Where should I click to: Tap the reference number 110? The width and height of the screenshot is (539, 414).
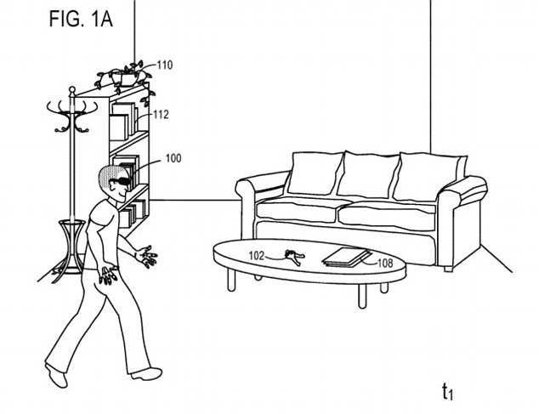165,64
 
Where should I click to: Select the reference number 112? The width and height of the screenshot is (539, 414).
162,114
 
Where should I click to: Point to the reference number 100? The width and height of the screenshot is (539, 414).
173,158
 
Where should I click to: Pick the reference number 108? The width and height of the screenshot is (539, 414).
385,264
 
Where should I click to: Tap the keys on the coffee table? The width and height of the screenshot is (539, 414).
292,255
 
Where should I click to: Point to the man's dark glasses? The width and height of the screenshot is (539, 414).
122,180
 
